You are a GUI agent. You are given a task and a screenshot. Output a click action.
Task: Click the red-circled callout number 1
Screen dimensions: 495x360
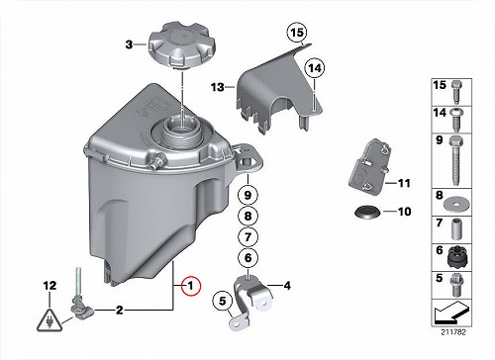click(x=190, y=286)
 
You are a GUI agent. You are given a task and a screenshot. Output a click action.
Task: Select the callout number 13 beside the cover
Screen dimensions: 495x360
click(x=218, y=87)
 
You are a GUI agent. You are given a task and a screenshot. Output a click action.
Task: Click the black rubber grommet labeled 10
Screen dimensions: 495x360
click(x=367, y=212)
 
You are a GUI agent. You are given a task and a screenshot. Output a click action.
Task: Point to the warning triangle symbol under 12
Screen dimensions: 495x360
click(x=49, y=319)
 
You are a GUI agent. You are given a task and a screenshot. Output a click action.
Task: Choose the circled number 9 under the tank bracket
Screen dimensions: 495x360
click(x=247, y=195)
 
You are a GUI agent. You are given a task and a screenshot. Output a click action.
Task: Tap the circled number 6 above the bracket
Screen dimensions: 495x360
click(x=247, y=257)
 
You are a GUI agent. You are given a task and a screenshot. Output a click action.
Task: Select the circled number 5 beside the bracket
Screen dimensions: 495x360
click(x=223, y=301)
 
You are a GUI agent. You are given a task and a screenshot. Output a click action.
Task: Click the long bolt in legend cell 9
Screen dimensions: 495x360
click(x=456, y=161)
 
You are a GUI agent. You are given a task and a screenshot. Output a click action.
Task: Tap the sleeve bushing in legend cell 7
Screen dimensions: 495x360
click(x=457, y=228)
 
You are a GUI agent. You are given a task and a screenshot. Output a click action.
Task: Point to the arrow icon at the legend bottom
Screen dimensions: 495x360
click(x=451, y=313)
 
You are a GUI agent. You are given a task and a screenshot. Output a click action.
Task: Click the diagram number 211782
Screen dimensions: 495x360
click(x=453, y=332)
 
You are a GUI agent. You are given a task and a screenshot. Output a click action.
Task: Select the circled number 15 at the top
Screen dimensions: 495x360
click(x=297, y=33)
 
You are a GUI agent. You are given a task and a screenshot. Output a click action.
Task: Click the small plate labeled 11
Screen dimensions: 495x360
click(x=369, y=169)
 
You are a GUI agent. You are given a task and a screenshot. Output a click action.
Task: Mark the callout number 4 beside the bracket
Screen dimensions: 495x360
click(x=287, y=286)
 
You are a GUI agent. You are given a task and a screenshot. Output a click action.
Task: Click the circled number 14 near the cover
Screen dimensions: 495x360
click(x=315, y=68)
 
